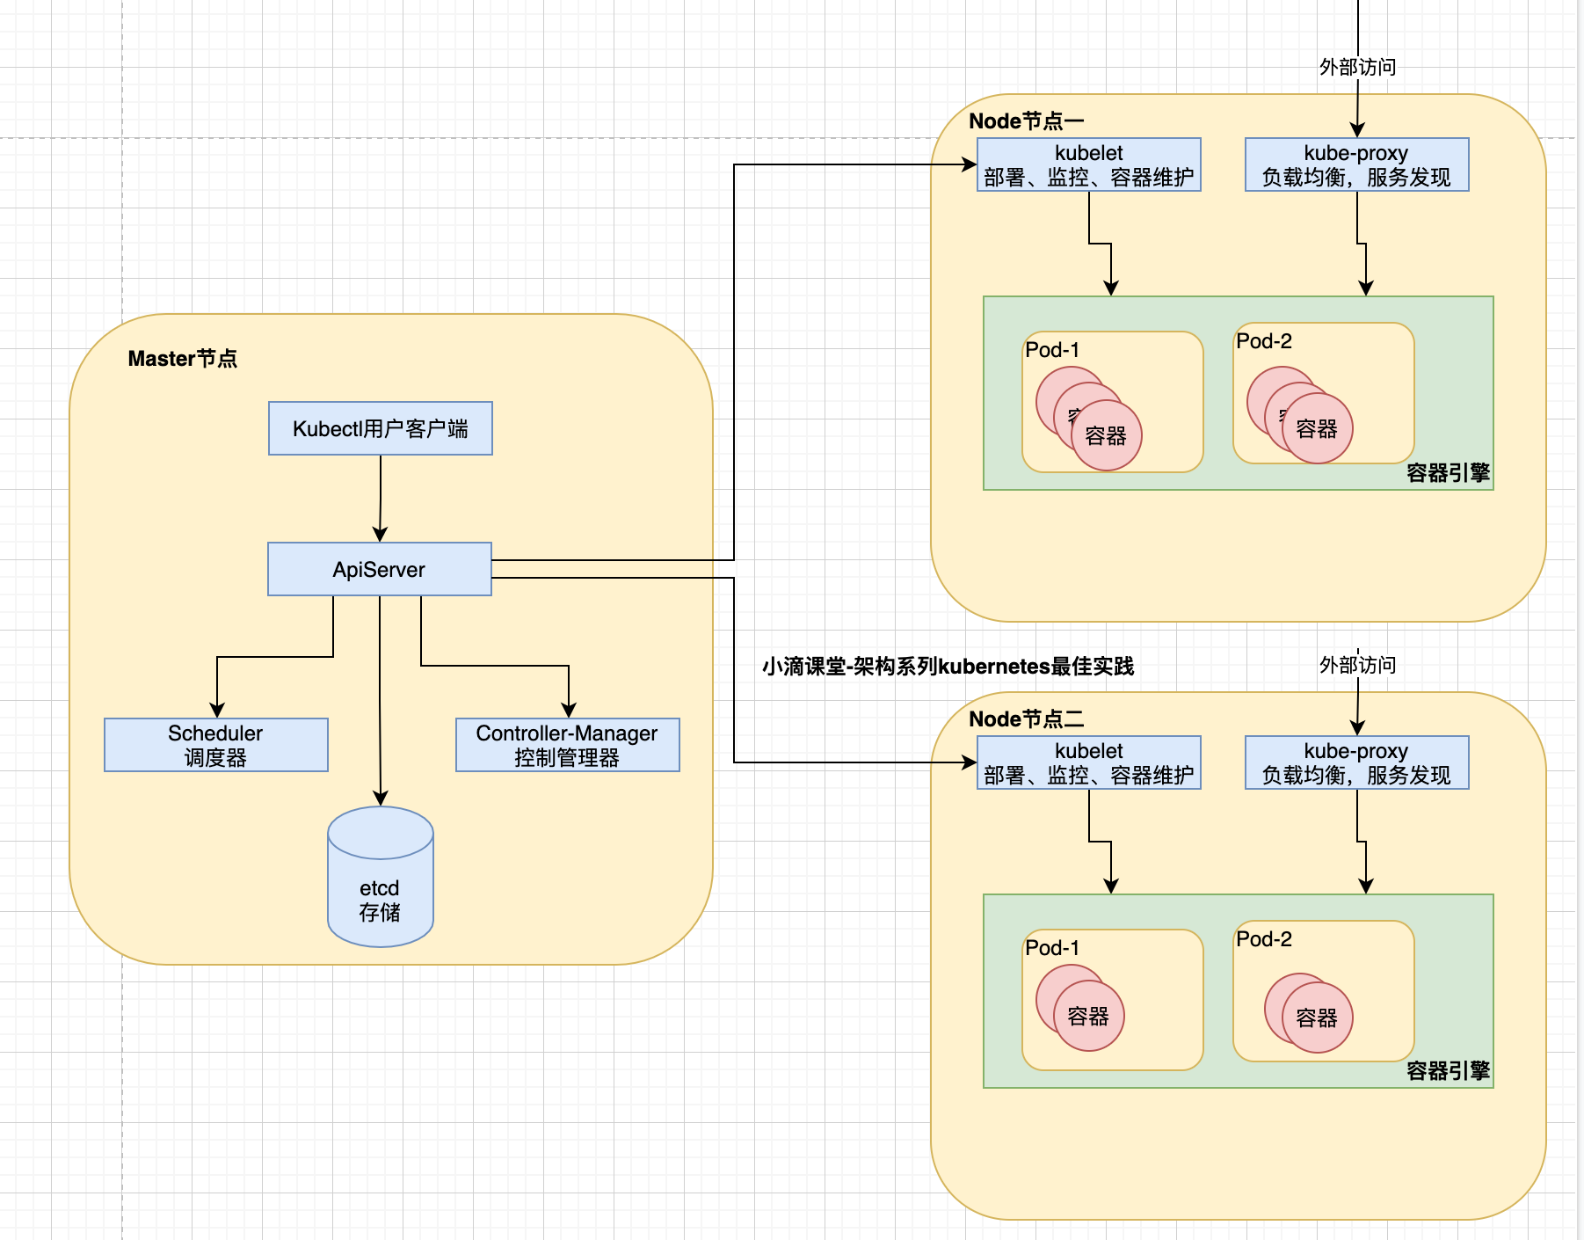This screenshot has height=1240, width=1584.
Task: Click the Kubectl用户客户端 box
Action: (x=380, y=428)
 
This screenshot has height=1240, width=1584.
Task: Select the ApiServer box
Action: (x=379, y=569)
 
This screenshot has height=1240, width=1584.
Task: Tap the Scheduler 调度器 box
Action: (x=215, y=745)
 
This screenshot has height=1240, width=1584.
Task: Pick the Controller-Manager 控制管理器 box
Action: (x=567, y=745)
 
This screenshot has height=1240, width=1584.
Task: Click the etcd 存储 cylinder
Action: (x=380, y=888)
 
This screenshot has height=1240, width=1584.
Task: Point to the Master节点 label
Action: (x=182, y=358)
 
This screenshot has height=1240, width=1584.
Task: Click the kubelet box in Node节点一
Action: (x=1088, y=164)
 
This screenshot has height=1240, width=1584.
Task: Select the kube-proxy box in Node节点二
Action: (x=1356, y=762)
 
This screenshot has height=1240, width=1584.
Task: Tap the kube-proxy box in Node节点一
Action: (x=1356, y=164)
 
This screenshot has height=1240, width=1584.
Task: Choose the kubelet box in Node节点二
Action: (x=1088, y=762)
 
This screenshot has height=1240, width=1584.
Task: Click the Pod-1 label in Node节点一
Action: (x=1052, y=350)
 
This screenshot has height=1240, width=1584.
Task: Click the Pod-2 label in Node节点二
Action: (x=1263, y=939)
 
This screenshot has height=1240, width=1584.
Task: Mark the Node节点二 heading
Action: (x=1026, y=718)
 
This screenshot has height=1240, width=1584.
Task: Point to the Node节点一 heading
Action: (x=1026, y=120)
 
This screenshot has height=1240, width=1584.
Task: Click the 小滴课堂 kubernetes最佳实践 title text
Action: (x=948, y=666)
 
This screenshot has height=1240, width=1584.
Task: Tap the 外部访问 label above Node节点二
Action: (x=1357, y=665)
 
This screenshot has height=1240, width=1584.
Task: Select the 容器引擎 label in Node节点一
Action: (x=1448, y=472)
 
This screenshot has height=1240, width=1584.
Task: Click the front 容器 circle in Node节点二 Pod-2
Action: (x=1317, y=1018)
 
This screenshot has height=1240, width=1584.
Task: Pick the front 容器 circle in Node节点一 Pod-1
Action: (x=1106, y=435)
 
